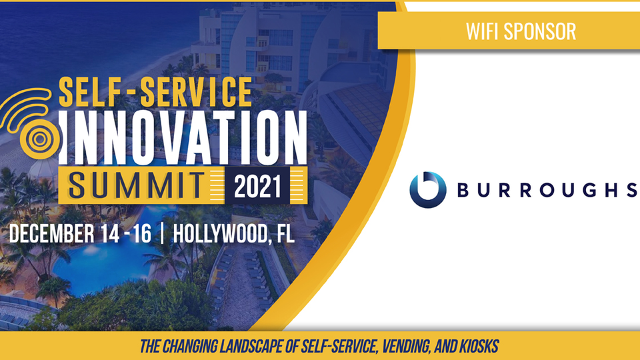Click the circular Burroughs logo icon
click(x=428, y=190)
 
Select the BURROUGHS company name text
click(x=547, y=190)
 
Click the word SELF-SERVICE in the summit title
click(x=155, y=92)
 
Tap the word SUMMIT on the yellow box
click(x=136, y=186)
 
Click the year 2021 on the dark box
click(x=257, y=186)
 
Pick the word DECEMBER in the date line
click(x=51, y=234)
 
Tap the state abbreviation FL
click(x=285, y=234)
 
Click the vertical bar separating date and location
click(x=163, y=233)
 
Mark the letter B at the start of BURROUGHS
click(x=463, y=190)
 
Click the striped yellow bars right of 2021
click(x=299, y=185)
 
